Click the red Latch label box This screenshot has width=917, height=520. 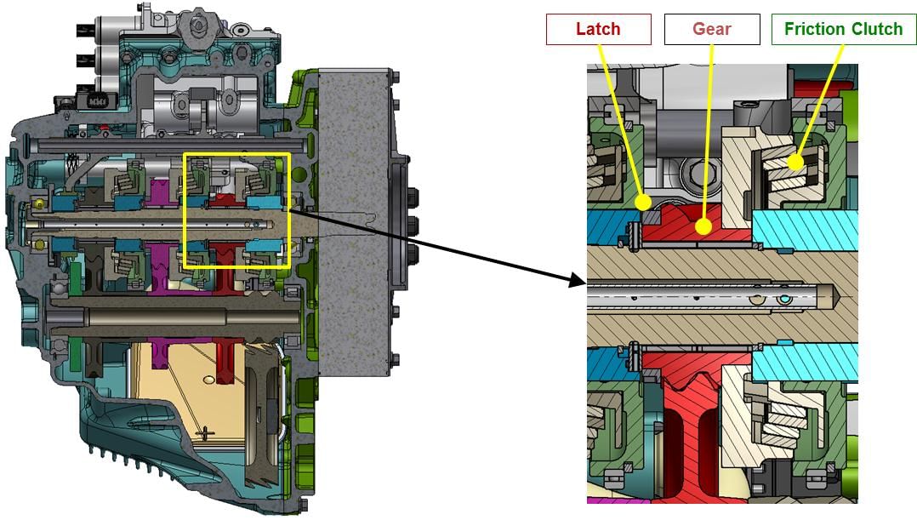598,29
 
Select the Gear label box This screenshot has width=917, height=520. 711,29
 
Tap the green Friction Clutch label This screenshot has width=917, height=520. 843,29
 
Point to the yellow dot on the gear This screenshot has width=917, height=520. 702,226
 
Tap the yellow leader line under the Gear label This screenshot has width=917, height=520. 707,128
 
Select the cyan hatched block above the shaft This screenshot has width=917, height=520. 804,229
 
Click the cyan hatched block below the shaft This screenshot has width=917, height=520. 804,363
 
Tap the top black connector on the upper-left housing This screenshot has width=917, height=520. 84,34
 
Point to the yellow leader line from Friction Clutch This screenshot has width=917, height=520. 821,94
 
